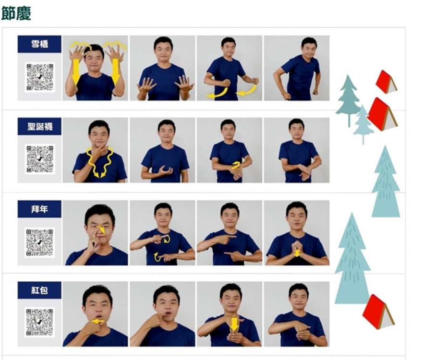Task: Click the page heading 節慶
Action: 16,13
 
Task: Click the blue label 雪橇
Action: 39,44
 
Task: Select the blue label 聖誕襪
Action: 39,127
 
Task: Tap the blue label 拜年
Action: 39,209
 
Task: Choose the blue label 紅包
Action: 39,290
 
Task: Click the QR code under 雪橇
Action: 40,77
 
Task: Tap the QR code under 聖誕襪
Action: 40,159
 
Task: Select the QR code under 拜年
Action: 39,242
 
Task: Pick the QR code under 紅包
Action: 39,322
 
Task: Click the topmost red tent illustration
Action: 386,82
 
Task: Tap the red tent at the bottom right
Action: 378,312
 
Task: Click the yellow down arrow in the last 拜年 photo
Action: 297,253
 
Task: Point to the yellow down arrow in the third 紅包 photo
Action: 234,324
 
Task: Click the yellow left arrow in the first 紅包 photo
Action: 97,321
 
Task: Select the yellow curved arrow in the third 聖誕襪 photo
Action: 236,165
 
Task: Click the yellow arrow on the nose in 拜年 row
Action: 101,229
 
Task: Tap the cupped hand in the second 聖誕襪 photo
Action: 165,170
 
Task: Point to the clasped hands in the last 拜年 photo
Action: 297,249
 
